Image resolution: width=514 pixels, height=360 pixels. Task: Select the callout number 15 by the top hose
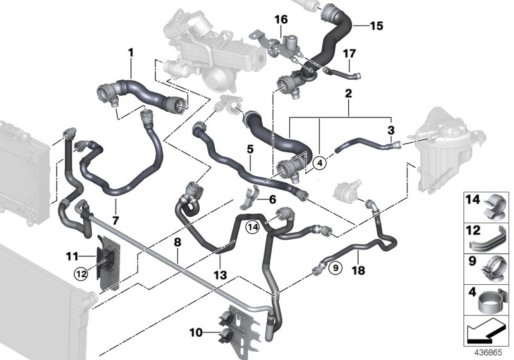click(376, 26)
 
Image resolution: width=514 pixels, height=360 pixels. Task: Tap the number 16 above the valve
click(281, 21)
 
